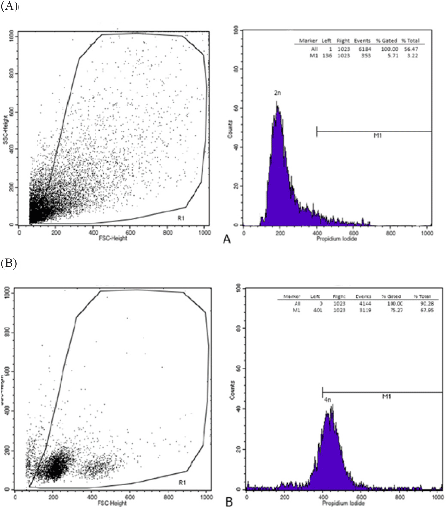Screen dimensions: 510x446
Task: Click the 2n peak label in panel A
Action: (x=277, y=93)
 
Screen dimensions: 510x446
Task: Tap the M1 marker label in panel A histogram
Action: (x=377, y=135)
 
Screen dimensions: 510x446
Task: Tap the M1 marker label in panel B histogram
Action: (x=386, y=397)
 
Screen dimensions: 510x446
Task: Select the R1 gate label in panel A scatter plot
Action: (x=181, y=218)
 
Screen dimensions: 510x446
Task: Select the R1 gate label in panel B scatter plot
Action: (x=182, y=482)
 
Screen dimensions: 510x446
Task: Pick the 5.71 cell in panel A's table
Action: (x=389, y=56)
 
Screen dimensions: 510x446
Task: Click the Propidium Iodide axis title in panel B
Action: (x=343, y=503)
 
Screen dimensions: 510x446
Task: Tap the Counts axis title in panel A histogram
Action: (x=230, y=129)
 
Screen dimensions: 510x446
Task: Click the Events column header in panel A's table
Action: (x=362, y=41)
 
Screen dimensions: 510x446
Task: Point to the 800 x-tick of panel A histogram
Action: (x=391, y=233)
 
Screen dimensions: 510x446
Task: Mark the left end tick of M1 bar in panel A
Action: (x=317, y=131)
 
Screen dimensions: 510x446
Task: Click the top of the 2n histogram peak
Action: (x=277, y=102)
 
